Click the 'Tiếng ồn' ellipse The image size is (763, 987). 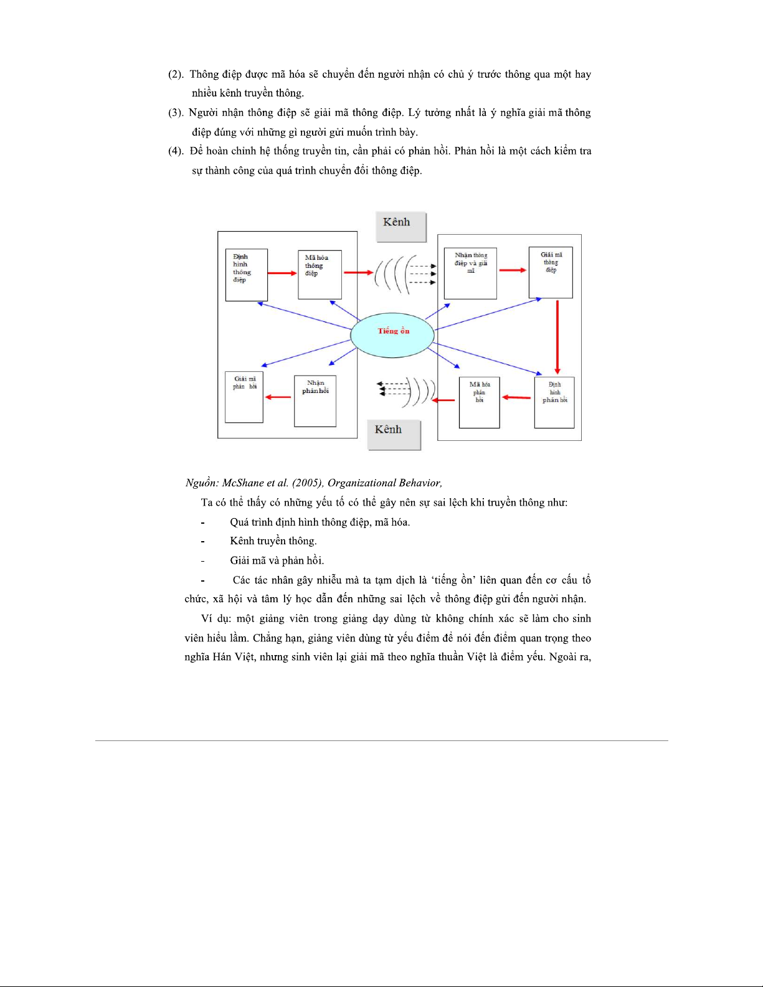pos(392,335)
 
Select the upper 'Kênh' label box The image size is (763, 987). pos(401,226)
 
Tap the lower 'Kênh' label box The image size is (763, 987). pos(394,434)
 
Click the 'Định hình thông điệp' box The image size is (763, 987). pos(246,275)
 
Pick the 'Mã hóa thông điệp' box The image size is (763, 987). pos(320,275)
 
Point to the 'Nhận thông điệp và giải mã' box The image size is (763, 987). pos(470,273)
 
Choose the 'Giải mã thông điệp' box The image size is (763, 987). pos(551,273)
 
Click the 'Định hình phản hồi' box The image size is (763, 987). pos(554,402)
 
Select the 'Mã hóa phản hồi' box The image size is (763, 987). pos(479,402)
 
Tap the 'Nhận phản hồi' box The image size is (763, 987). pos(315,400)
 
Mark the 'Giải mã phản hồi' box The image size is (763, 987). pos(244,397)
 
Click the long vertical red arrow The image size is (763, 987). pos(557,336)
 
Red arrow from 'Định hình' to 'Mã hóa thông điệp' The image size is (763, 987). pos(283,273)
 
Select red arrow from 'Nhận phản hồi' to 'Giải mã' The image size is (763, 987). pos(278,397)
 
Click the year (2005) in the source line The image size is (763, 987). pos(307,483)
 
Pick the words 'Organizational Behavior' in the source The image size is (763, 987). pos(384,483)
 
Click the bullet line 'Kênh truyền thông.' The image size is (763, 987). pos(273,541)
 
